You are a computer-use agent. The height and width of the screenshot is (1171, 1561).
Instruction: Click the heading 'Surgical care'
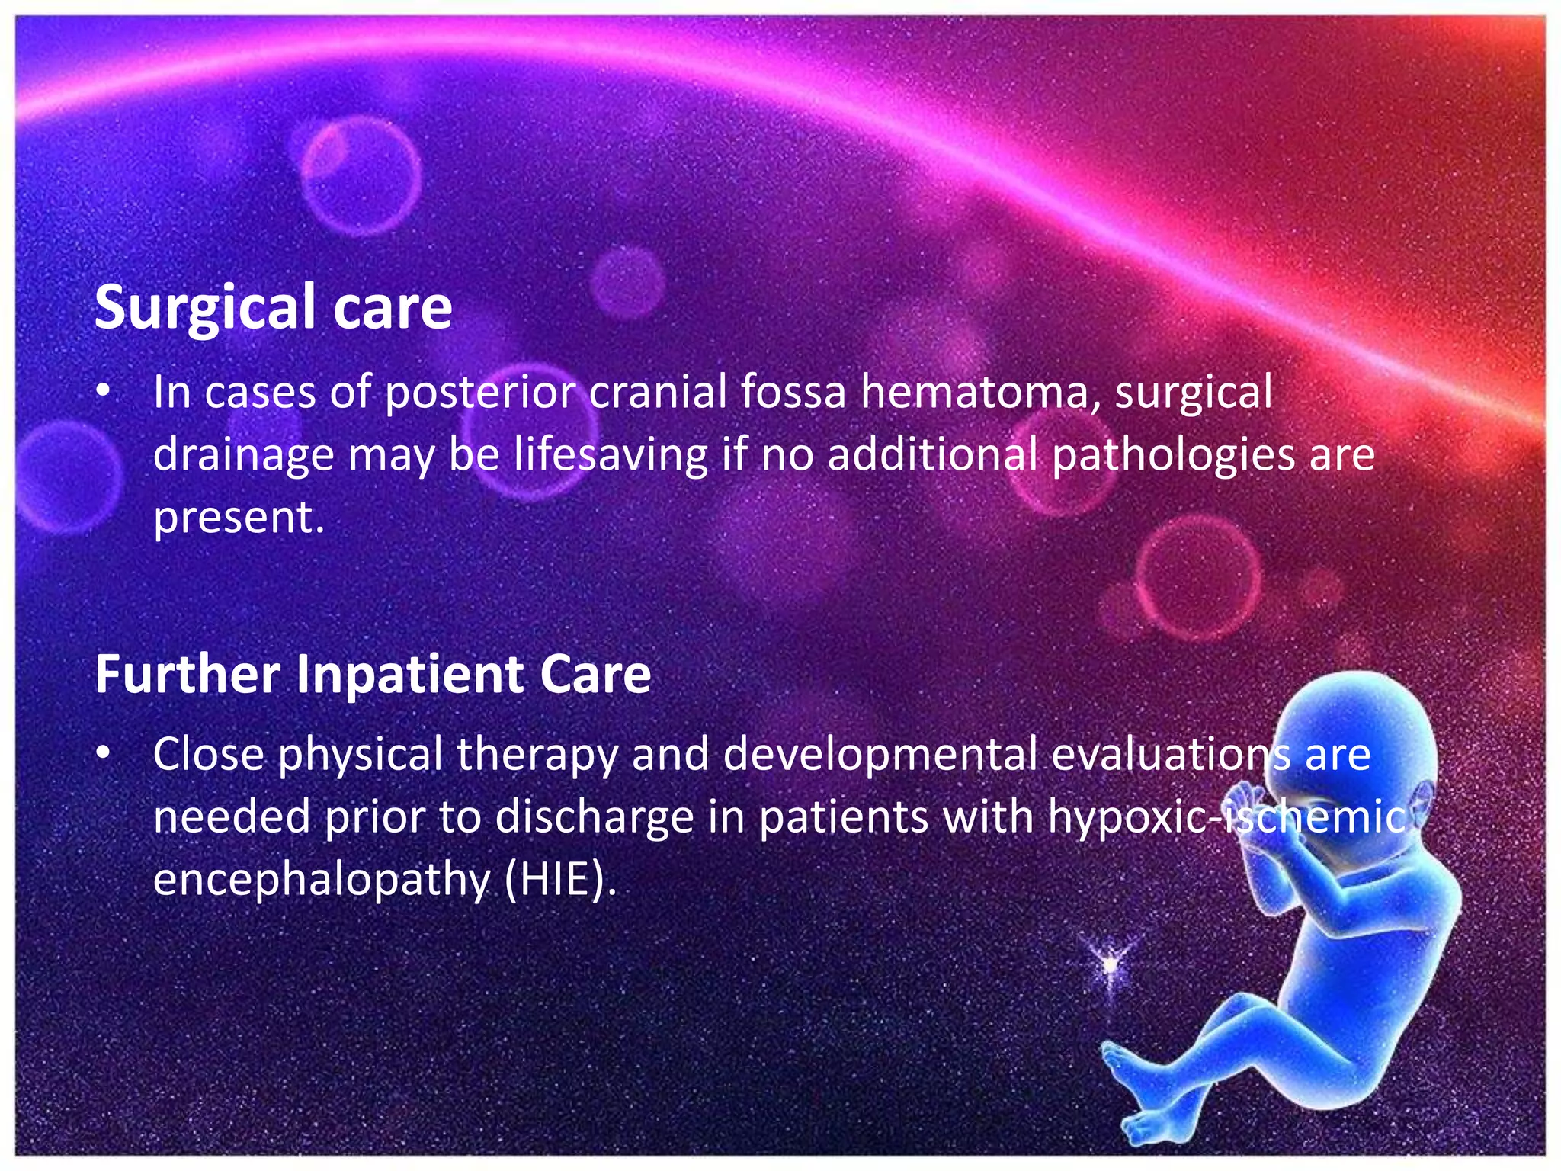point(273,307)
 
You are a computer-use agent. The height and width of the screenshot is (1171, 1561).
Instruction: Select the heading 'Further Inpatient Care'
point(373,675)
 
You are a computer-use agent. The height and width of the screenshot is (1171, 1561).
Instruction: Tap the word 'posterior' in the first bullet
point(479,393)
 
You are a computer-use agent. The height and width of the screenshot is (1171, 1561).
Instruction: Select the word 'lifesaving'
point(611,454)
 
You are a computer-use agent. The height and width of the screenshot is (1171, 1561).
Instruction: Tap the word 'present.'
point(239,518)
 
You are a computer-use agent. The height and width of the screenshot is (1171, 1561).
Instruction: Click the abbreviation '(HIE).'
point(560,880)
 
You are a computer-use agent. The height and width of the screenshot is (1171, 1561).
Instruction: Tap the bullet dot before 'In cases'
point(104,392)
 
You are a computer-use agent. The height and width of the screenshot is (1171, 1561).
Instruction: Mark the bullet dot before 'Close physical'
point(104,754)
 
